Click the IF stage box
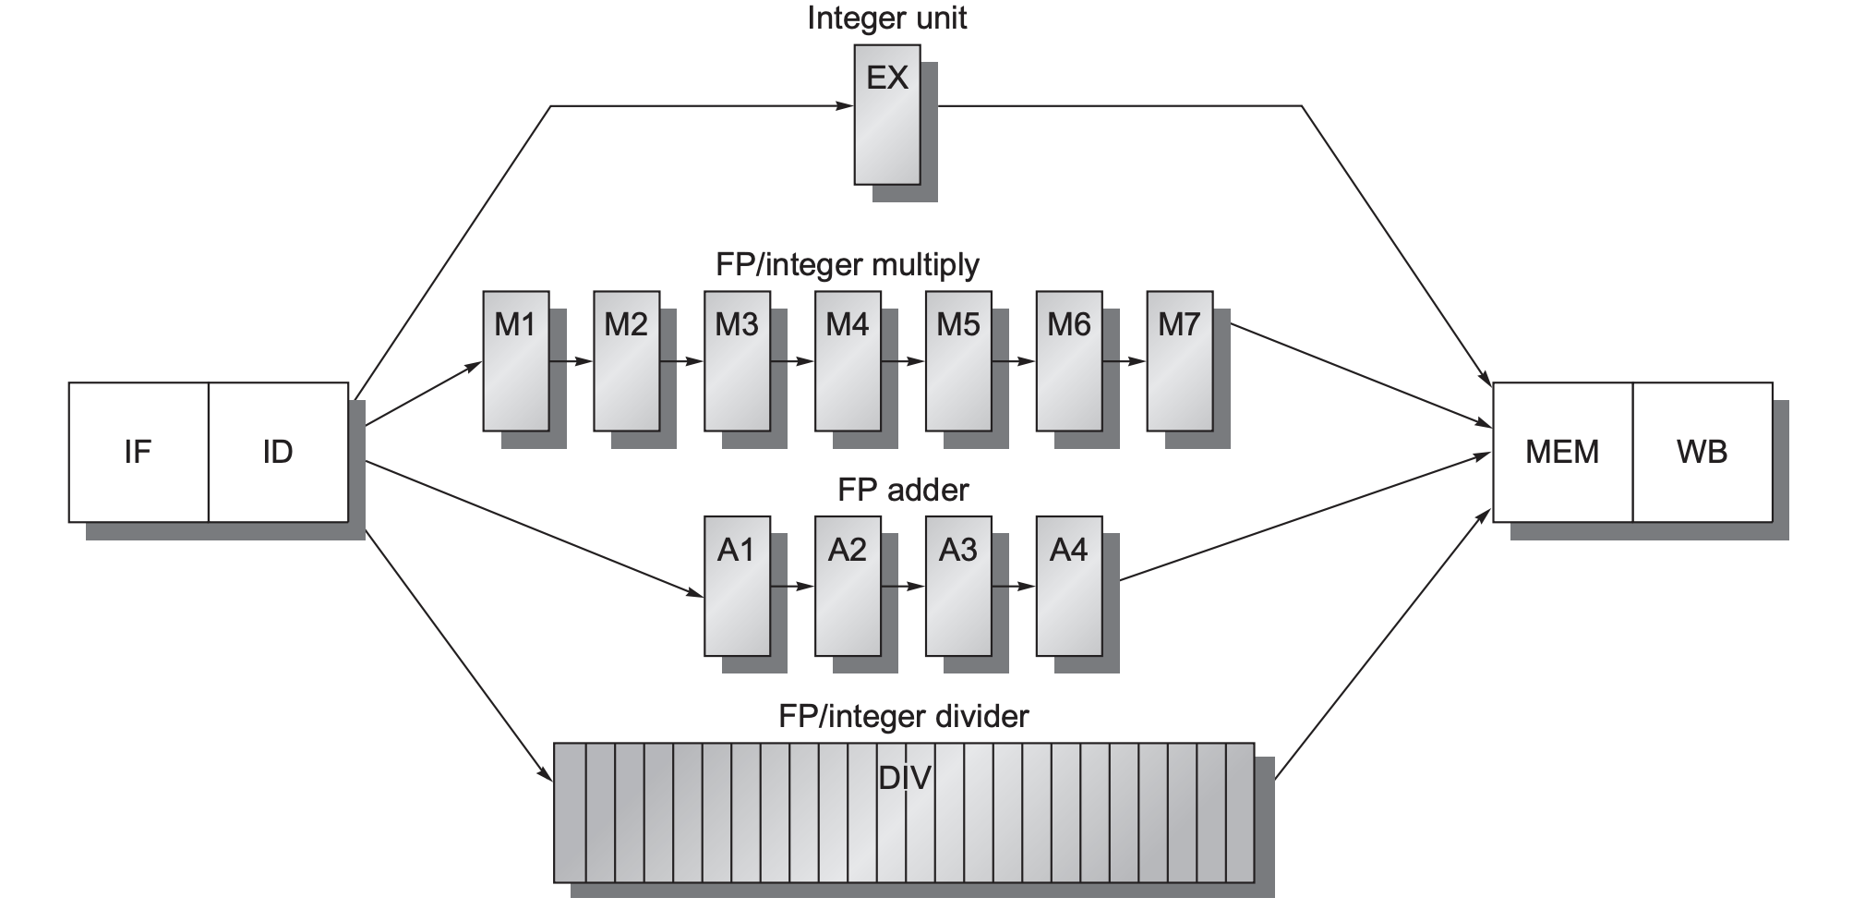click(x=138, y=452)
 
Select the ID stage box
click(x=278, y=452)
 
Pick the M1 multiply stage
click(x=515, y=361)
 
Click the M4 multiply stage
click(x=848, y=361)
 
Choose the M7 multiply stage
click(x=1179, y=361)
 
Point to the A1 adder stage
click(x=737, y=586)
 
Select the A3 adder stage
click(x=958, y=586)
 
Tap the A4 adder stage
click(x=1068, y=586)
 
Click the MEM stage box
click(x=1562, y=452)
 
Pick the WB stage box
click(x=1702, y=452)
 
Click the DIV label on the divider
click(x=904, y=778)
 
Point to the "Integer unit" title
click(x=886, y=18)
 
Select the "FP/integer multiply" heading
click(x=847, y=265)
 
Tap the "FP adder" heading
click(x=903, y=490)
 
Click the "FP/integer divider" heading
click(x=903, y=716)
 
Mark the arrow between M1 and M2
click(x=571, y=361)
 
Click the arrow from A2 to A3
click(x=903, y=586)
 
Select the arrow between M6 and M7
click(x=1124, y=361)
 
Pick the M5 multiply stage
click(x=958, y=361)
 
